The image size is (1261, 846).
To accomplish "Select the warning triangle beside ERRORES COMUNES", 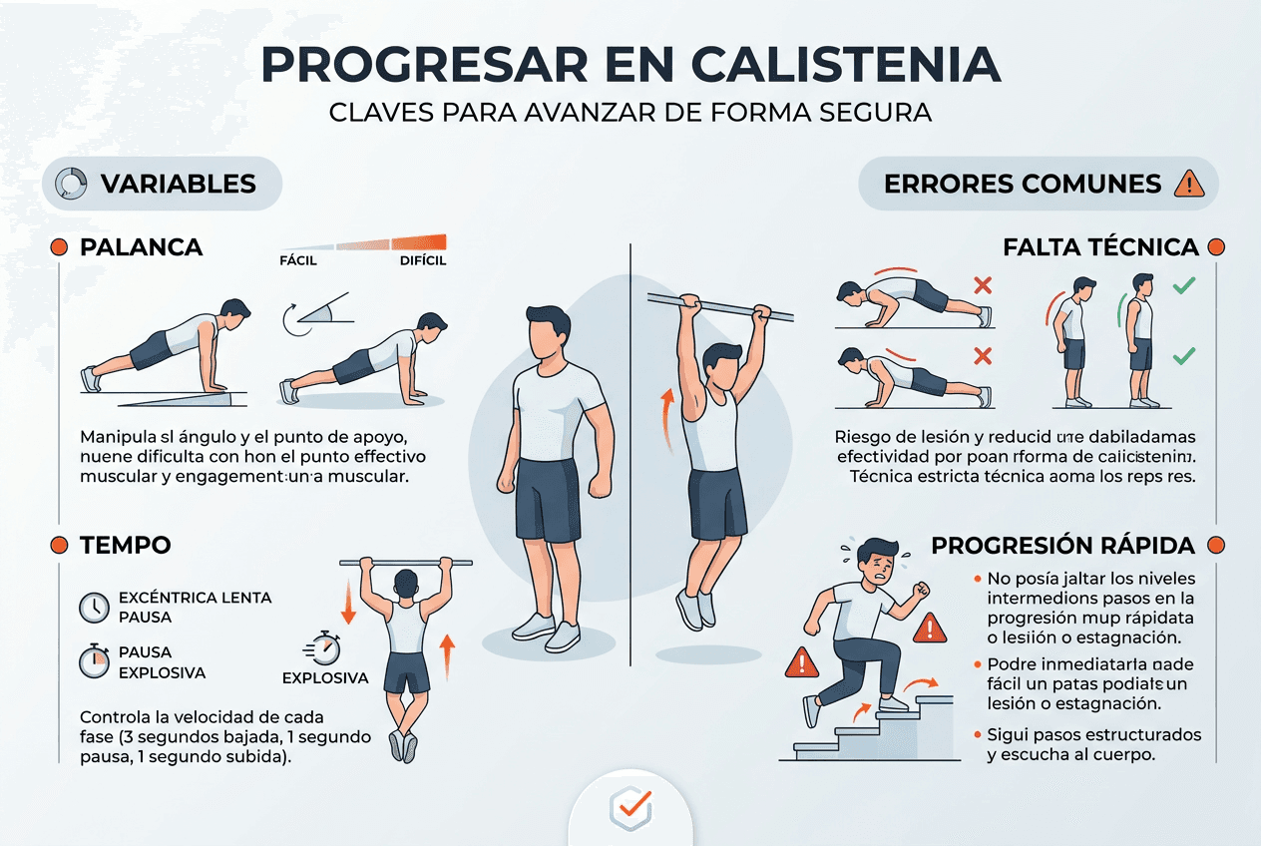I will point(1190,184).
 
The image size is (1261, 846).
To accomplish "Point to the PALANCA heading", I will point(141,247).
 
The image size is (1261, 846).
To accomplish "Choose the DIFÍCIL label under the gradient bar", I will point(422,261).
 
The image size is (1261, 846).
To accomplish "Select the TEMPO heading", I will point(125,545).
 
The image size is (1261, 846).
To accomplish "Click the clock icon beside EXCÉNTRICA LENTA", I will point(94,607).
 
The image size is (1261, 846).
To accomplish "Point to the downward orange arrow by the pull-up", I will point(348,605).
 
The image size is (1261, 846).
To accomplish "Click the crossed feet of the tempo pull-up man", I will point(403,743).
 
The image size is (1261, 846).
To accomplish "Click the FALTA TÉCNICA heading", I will point(1100,247).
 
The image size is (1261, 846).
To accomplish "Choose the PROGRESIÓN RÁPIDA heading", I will point(1062,546).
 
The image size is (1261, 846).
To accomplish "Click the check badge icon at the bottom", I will point(630,805).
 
